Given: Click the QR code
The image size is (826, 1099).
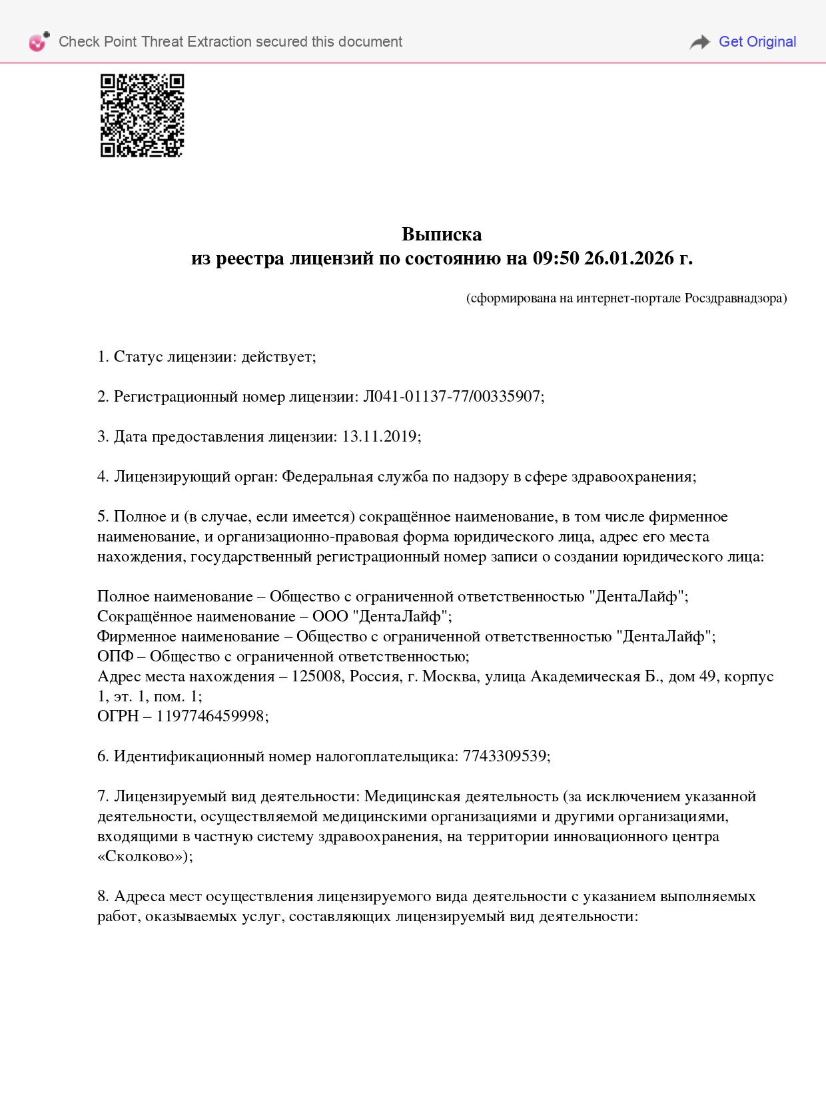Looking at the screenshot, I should pos(142,115).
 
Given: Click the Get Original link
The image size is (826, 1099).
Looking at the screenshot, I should pos(757,42).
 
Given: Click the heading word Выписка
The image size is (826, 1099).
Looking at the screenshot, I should pos(442,234).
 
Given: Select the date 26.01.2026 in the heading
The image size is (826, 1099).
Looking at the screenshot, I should pos(629,258).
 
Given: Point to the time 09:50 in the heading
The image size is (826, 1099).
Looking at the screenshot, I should pos(556,258).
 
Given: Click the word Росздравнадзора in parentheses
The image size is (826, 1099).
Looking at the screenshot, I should pos(735,298).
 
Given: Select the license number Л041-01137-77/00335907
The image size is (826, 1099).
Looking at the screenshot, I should pos(452,397).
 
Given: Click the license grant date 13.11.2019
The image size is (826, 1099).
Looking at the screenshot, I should pos(380,437).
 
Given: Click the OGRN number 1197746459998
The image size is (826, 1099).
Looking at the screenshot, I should pos(210,717).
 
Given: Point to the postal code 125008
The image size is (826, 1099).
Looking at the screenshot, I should pos(316,677).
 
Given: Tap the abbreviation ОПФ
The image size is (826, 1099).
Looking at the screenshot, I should pos(115,657).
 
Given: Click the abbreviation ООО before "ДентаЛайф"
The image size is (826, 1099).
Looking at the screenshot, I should pos(330,617).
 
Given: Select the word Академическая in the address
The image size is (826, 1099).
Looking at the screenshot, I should pos(585,677).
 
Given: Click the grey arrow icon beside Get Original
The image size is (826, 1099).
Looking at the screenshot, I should pos(699,42).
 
